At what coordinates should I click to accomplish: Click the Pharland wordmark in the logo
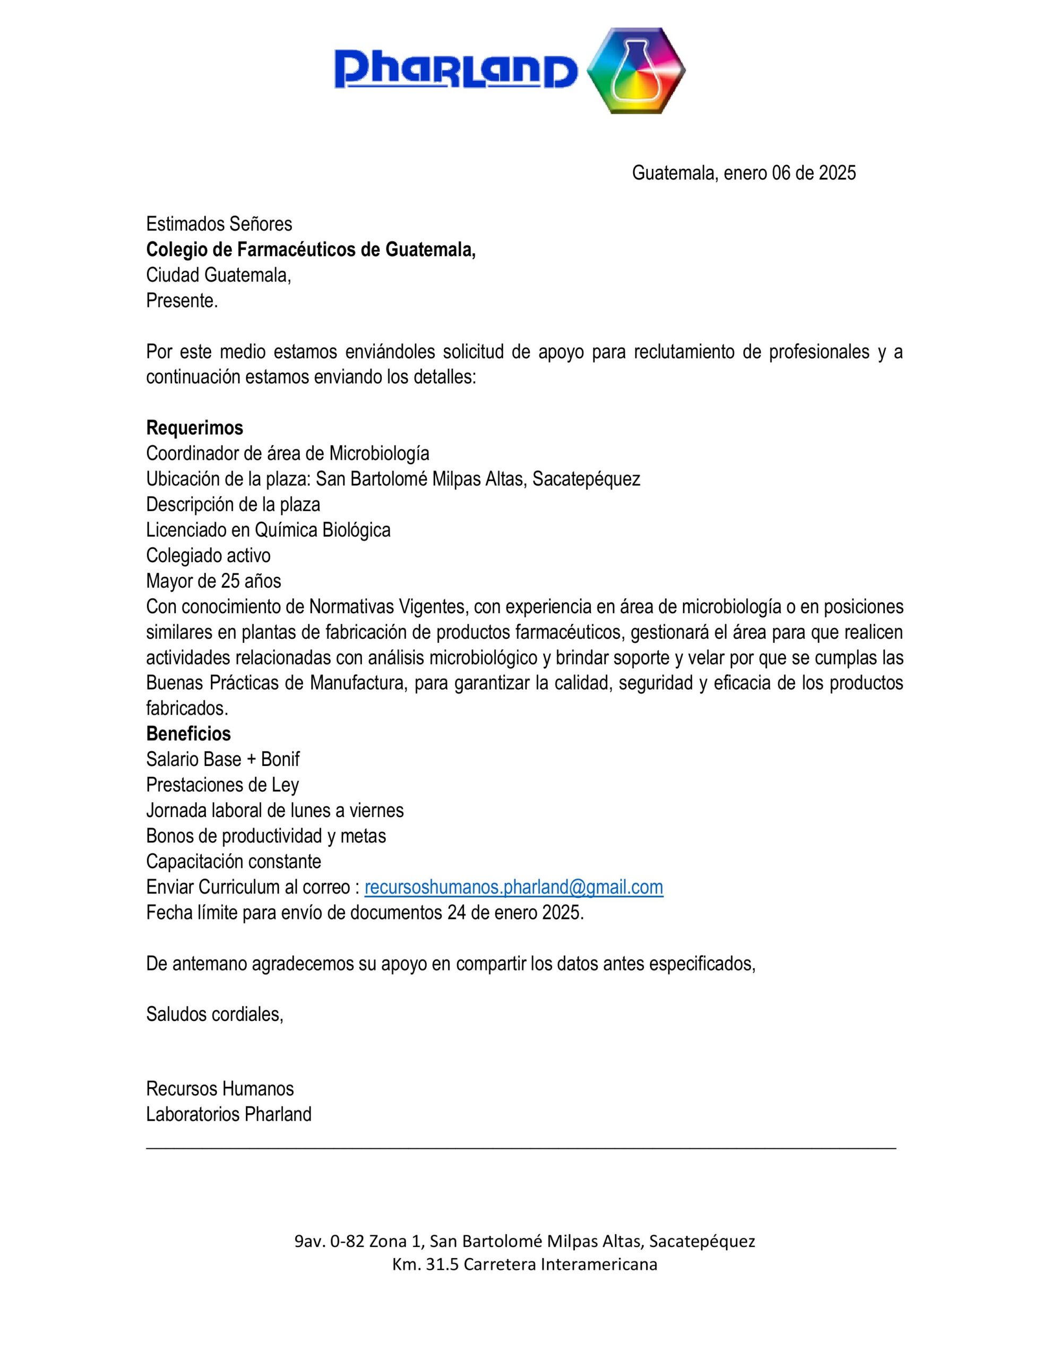tap(455, 70)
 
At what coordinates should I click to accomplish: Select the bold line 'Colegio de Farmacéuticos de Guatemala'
tap(310, 250)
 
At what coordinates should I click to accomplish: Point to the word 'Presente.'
tap(182, 300)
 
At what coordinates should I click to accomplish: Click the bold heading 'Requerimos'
tap(194, 427)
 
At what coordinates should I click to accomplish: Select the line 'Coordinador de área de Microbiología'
tap(287, 453)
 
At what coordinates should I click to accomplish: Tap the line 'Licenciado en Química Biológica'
tap(268, 530)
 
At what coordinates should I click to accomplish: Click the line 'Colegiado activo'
tap(208, 555)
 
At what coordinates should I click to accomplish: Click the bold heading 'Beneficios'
tap(188, 734)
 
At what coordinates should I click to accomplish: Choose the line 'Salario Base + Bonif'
tap(222, 759)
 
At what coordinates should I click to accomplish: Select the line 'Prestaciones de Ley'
tap(222, 785)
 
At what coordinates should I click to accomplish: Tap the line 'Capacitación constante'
tap(234, 861)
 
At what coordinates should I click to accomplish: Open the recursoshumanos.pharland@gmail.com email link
tap(513, 887)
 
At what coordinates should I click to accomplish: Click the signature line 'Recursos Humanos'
tap(220, 1088)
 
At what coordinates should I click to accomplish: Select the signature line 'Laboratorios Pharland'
tap(228, 1114)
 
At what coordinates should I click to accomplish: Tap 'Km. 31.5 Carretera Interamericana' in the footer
tap(524, 1265)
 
